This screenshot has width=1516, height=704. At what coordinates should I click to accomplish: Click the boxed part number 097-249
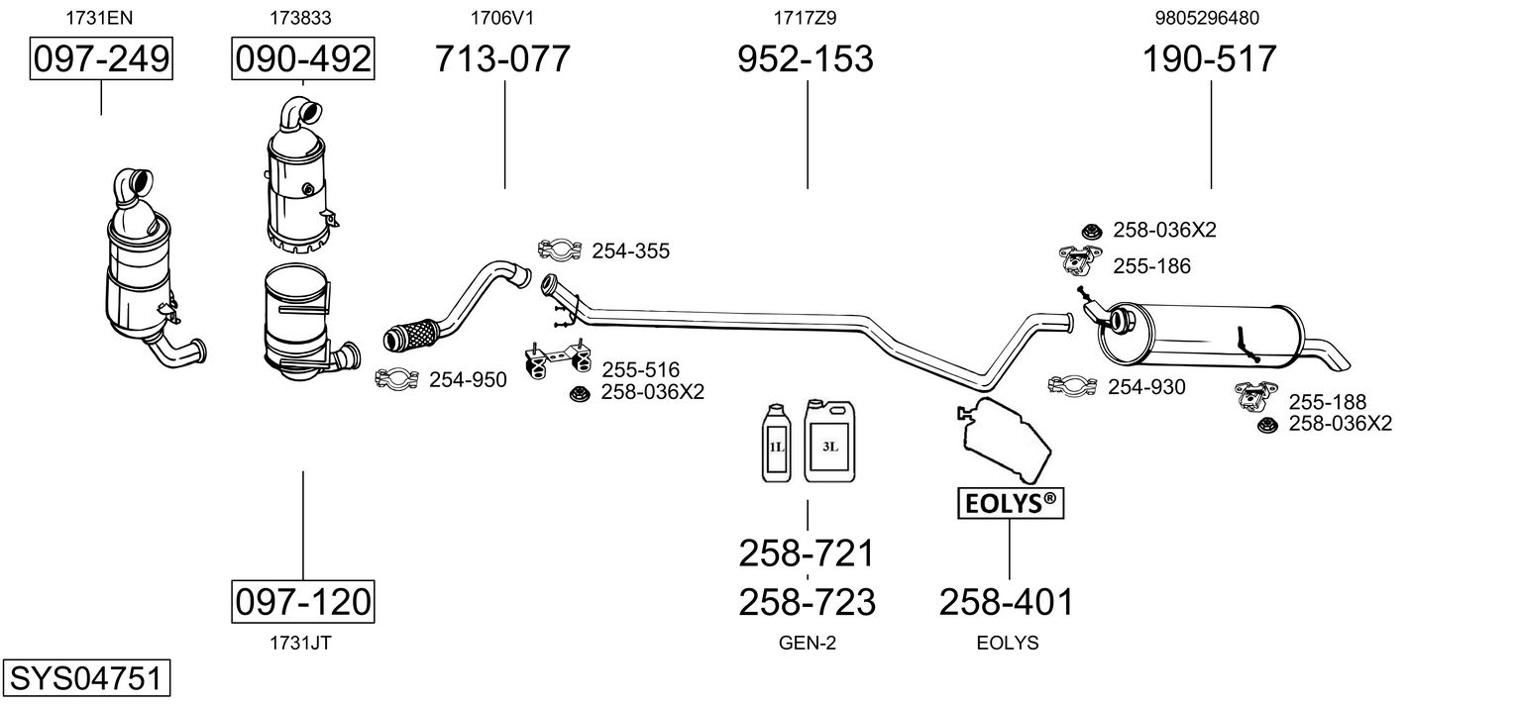click(x=101, y=59)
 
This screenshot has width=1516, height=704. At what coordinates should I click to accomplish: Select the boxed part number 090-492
click(x=302, y=59)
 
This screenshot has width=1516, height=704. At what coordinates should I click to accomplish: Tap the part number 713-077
click(x=503, y=59)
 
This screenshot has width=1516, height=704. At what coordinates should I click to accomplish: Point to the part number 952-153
click(x=806, y=59)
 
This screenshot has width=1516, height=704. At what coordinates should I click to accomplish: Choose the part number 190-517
click(x=1210, y=59)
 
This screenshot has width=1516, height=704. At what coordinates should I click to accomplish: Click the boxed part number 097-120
click(x=302, y=601)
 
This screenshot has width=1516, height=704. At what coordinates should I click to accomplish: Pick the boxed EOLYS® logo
click(x=1009, y=504)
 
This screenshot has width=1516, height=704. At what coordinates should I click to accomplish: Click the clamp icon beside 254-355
click(x=560, y=250)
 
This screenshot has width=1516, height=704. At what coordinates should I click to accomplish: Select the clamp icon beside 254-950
click(x=397, y=379)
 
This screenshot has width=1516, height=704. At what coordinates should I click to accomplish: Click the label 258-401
click(x=1007, y=601)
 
